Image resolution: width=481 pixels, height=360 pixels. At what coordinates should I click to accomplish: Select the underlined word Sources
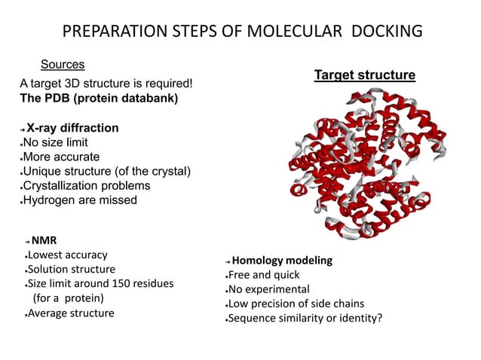click(62, 65)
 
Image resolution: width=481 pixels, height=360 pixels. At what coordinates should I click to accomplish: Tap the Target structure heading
click(364, 75)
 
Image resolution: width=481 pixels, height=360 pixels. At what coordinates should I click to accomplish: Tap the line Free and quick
click(264, 275)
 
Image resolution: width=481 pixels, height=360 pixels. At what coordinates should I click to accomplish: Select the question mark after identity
click(379, 318)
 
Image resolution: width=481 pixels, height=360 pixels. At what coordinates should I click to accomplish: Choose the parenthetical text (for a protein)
click(67, 297)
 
